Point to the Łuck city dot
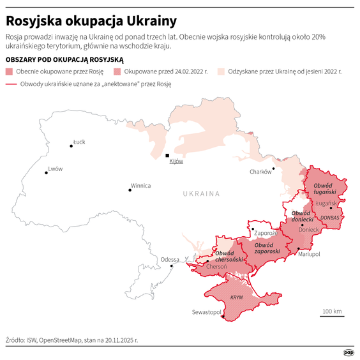[71, 146]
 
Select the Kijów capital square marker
[167, 155]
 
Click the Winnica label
[140, 186]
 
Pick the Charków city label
[260, 172]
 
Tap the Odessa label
[170, 259]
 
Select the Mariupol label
[309, 254]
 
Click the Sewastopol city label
[206, 312]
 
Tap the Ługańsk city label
[326, 202]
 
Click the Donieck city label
[308, 229]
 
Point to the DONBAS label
[329, 218]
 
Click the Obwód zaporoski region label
[267, 248]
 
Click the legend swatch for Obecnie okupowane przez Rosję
[10, 71]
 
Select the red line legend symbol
[11, 84]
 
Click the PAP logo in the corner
[349, 352]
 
